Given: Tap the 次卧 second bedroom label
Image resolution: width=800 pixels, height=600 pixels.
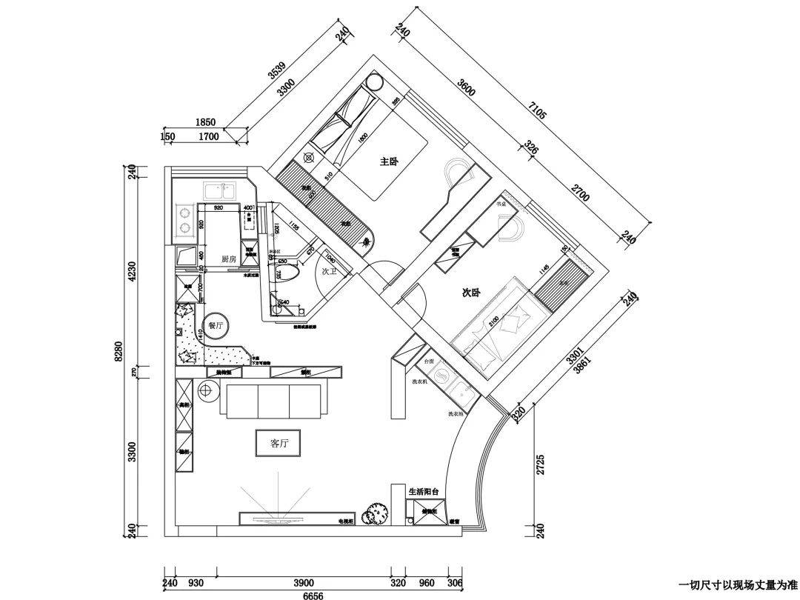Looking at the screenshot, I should pyautogui.click(x=472, y=293).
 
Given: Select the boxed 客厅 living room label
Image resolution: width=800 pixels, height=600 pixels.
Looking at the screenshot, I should pyautogui.click(x=278, y=443).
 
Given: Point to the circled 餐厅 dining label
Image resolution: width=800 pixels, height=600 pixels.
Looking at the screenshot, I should pyautogui.click(x=216, y=325).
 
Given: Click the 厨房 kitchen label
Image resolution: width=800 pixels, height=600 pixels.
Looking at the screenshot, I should pyautogui.click(x=228, y=259).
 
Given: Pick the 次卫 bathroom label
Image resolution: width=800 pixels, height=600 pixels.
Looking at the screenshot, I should pyautogui.click(x=330, y=272).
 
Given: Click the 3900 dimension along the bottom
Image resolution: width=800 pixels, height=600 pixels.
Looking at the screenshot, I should pyautogui.click(x=303, y=583).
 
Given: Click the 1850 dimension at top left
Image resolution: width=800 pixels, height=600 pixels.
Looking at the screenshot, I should pyautogui.click(x=205, y=123).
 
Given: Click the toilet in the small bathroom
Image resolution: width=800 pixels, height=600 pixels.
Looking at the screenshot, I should pyautogui.click(x=290, y=273).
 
